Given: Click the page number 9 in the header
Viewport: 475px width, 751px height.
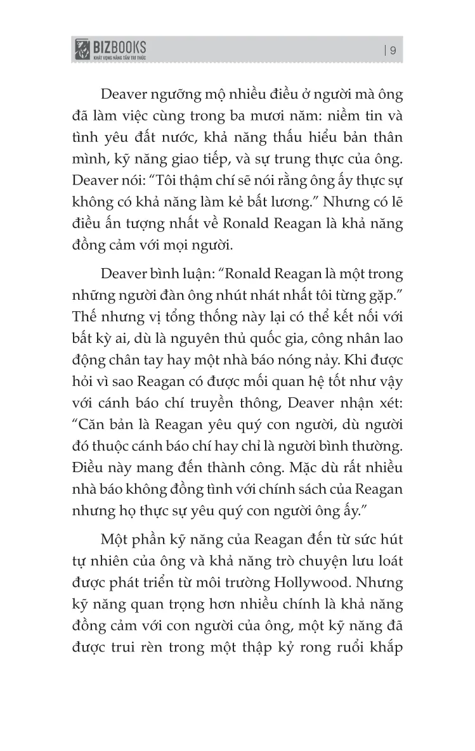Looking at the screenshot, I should click(393, 51).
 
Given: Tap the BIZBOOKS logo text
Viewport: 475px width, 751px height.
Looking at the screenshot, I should click(120, 46).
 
